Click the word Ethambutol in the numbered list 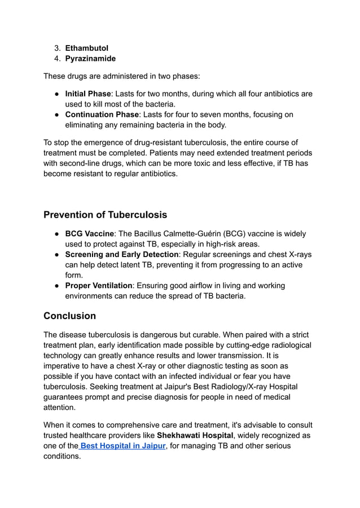click(86, 48)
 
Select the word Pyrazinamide click(90, 59)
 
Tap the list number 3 click(56, 48)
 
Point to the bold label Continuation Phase click(102, 115)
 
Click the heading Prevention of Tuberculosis click(105, 215)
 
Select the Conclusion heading click(69, 316)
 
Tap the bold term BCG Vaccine click(89, 234)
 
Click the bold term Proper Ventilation click(99, 286)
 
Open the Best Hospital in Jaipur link click(123, 446)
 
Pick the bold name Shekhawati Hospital click(195, 436)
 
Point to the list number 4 click(56, 59)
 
